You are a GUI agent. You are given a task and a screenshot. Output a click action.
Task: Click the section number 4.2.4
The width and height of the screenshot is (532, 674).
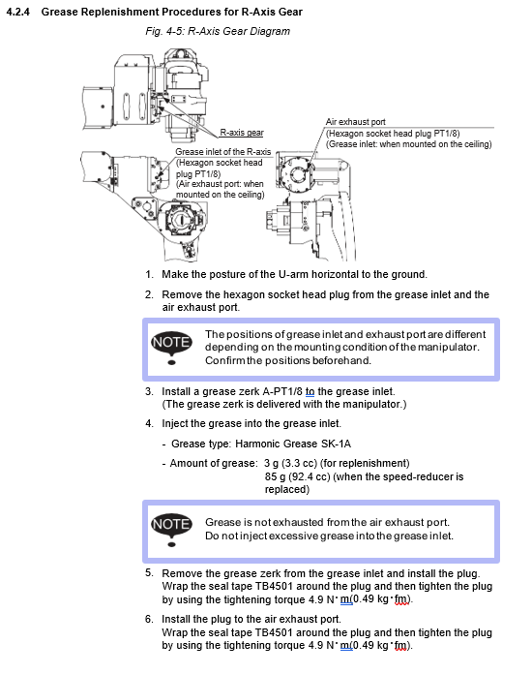click(18, 12)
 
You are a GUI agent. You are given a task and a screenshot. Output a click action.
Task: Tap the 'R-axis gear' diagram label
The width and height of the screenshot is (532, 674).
click(242, 133)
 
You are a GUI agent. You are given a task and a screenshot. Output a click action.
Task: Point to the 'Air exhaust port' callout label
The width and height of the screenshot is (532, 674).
click(356, 122)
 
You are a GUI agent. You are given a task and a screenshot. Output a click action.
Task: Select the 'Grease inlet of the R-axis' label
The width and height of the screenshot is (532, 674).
click(222, 152)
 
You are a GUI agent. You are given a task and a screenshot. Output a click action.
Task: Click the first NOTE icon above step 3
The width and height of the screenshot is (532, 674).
click(172, 347)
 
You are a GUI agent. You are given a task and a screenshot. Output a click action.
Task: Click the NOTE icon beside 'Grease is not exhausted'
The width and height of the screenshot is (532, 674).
click(172, 529)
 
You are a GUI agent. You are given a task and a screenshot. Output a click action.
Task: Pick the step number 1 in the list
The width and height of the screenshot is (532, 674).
click(149, 274)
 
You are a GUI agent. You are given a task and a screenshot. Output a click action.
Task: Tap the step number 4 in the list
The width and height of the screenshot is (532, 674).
click(149, 423)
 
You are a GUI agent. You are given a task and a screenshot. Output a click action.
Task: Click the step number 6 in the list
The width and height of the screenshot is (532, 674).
click(149, 619)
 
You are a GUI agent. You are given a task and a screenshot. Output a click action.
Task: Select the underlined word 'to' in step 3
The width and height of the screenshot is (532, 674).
click(310, 391)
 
